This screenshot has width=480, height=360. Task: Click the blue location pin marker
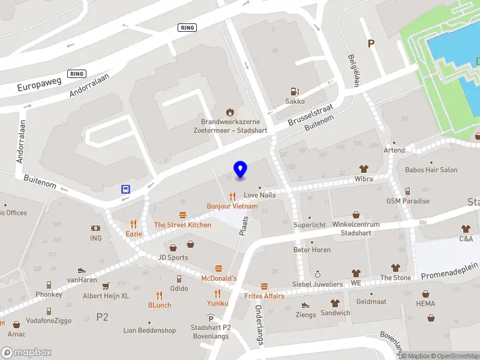240,170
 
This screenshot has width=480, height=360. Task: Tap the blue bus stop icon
126,189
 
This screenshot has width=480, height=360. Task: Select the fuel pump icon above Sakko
295,92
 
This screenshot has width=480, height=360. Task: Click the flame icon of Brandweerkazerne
229,112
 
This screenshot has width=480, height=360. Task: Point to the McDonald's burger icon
218,268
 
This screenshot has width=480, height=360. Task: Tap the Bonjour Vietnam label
232,206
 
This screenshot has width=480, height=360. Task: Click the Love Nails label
259,196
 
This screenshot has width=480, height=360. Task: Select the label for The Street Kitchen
182,225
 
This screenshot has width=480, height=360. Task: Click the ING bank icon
96,229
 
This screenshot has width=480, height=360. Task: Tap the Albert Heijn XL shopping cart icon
106,286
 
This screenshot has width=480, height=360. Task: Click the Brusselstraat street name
310,113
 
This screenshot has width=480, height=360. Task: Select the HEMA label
425,304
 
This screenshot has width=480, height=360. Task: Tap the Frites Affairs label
264,296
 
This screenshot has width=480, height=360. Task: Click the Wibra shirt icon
364,169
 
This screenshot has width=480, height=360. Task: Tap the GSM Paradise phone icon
408,191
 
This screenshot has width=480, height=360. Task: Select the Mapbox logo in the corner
26,353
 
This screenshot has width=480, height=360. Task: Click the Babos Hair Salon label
431,170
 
